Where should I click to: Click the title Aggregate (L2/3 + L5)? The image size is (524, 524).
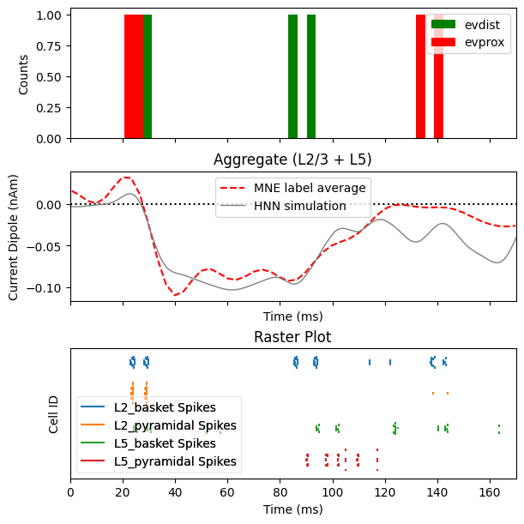click(x=292, y=160)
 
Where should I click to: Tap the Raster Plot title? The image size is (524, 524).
click(x=292, y=337)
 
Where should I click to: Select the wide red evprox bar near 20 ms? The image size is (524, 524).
click(x=134, y=75)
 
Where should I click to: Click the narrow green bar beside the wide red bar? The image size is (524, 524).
click(x=148, y=75)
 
